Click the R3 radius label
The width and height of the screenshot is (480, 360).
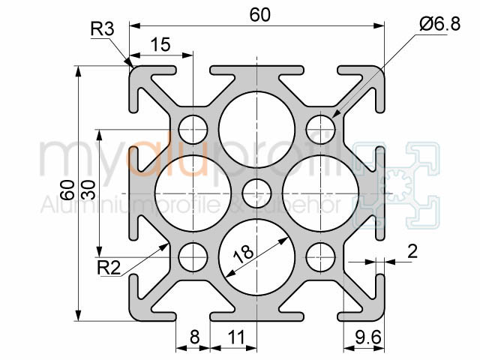click(x=102, y=29)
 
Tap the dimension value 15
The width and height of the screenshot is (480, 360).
click(x=160, y=45)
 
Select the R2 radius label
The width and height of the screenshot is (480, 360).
click(x=109, y=266)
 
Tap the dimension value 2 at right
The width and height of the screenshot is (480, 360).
click(x=412, y=251)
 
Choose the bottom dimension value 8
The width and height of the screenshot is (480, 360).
click(x=194, y=338)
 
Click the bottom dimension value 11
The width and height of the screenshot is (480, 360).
click(x=236, y=338)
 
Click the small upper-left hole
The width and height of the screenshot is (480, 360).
click(x=193, y=127)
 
